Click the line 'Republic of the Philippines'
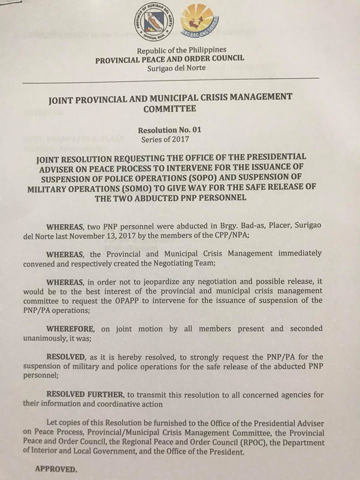click(181, 49)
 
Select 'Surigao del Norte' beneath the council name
click(176, 67)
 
